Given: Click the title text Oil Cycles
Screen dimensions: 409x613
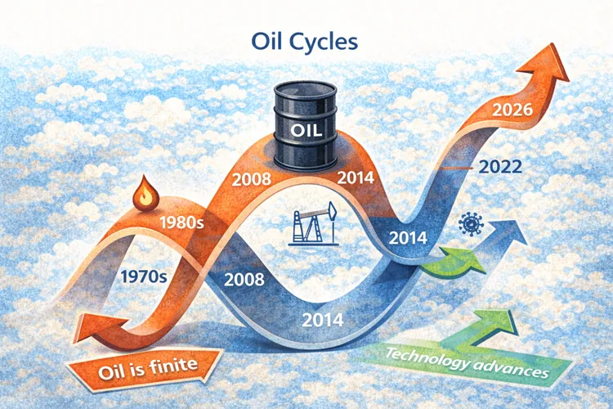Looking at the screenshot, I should pyautogui.click(x=306, y=41).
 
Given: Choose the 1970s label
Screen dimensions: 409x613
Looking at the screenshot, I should pyautogui.click(x=143, y=276).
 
